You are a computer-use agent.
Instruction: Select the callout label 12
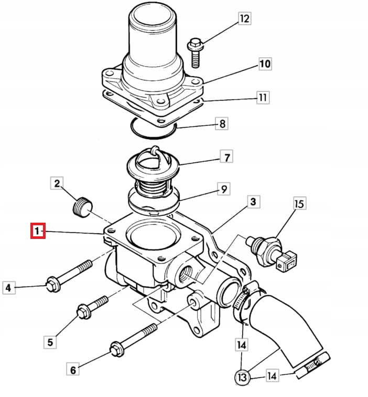tap(244, 19)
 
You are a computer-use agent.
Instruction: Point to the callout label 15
tap(299, 203)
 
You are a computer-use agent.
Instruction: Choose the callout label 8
tap(222, 124)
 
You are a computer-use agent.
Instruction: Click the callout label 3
tap(252, 201)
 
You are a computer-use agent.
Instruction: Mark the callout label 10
tap(265, 64)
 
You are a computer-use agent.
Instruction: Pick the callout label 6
tap(73, 370)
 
